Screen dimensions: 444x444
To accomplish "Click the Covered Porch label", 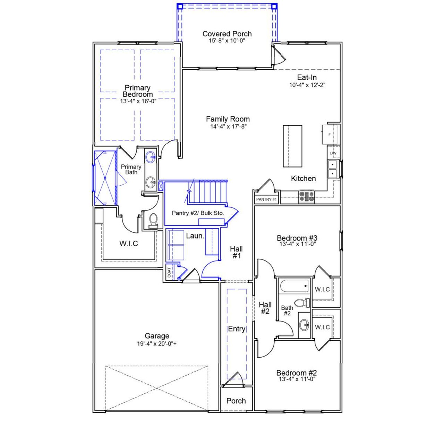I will pos(227,34).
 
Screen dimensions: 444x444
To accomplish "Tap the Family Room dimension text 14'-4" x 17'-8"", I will pos(228,127).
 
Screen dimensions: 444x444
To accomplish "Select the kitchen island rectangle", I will pos(292,146).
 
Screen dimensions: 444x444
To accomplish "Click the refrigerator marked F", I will pos(329,135).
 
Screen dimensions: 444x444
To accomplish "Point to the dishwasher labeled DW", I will pos(333,153).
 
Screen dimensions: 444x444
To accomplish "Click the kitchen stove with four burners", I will pos(307,197).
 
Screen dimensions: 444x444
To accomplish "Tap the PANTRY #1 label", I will pos(266,199).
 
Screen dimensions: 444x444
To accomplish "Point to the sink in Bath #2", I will pos(305,325).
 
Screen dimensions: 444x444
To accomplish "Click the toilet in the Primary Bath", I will pos(153,220).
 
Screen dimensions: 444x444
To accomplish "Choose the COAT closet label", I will pos(169,273).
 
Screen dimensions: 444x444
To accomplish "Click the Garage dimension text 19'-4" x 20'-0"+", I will pos(157,344).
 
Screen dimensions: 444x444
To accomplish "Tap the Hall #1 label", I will pos(236,252).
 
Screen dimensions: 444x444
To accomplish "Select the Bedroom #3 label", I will pos(297,238).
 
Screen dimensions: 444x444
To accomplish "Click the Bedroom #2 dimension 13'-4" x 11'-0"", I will pos(297,379).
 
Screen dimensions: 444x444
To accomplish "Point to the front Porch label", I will pos(236,401).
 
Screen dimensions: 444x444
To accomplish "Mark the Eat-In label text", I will pos(307,77).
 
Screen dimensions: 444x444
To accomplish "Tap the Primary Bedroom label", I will pos(137,91).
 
